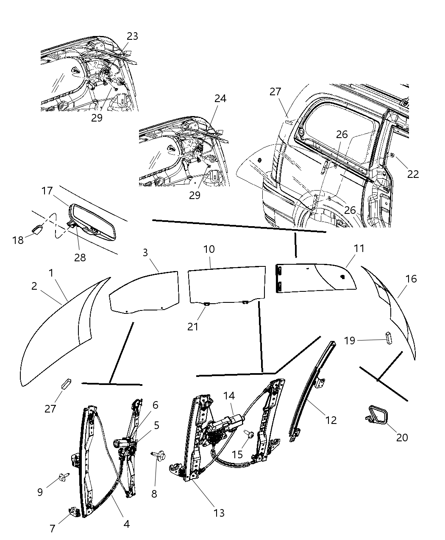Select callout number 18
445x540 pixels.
pos(18,240)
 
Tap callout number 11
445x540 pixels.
pos(359,249)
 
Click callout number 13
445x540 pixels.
pos(219,513)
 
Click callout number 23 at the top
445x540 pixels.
pos(132,36)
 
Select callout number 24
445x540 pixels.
pos(220,99)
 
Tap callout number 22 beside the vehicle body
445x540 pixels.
pos(413,174)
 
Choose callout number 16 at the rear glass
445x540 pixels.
pos(411,279)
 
